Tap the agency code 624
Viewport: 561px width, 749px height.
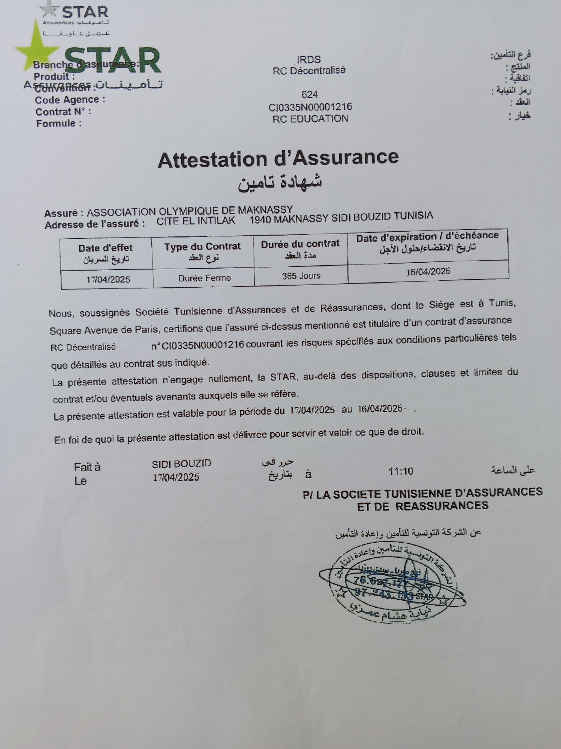pyautogui.click(x=309, y=95)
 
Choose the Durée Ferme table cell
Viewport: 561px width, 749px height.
pyautogui.click(x=204, y=278)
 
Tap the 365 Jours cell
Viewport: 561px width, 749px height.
pyautogui.click(x=301, y=276)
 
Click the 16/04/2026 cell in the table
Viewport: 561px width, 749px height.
pyautogui.click(x=428, y=271)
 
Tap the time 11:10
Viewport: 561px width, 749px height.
pyautogui.click(x=401, y=471)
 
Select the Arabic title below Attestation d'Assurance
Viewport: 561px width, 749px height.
pyautogui.click(x=279, y=182)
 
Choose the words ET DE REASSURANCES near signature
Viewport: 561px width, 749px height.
pyautogui.click(x=423, y=506)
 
